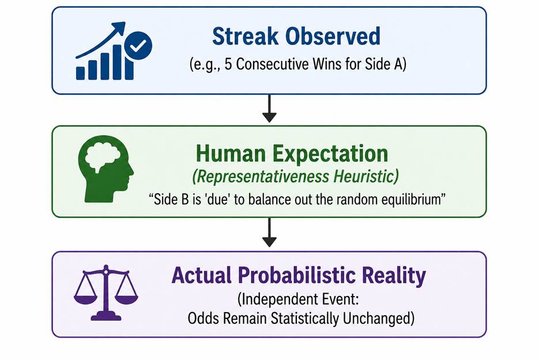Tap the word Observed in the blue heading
point(333,36)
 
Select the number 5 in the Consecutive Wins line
point(228,64)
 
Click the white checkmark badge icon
point(138,46)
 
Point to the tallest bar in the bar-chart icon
point(117,62)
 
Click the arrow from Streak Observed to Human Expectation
point(269,108)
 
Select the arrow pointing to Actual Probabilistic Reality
point(269,232)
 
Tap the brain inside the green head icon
point(102,156)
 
